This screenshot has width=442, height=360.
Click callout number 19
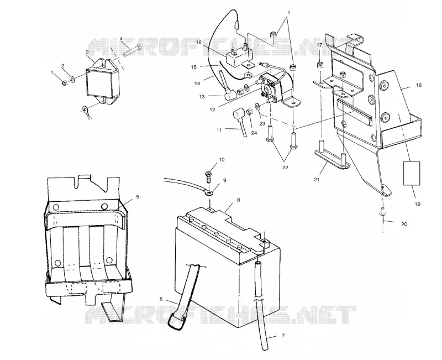pyautogui.click(x=418, y=204)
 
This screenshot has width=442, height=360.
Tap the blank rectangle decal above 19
pyautogui.click(x=412, y=173)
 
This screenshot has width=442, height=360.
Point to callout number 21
pyautogui.click(x=317, y=179)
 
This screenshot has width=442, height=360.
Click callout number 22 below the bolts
pyautogui.click(x=285, y=168)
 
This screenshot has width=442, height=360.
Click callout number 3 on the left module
pyautogui.click(x=87, y=51)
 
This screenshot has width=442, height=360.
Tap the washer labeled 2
pyautogui.click(x=72, y=77)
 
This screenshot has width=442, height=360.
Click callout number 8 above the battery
pyautogui.click(x=239, y=200)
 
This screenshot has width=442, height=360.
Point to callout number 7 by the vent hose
pyautogui.click(x=283, y=336)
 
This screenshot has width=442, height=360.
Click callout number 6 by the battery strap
pyautogui.click(x=161, y=299)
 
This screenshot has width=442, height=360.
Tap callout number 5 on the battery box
pyautogui.click(x=138, y=197)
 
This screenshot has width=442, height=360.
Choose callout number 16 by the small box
pyautogui.click(x=199, y=43)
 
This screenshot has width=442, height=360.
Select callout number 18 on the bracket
pyautogui.click(x=419, y=85)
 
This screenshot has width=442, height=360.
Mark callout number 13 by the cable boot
pyautogui.click(x=202, y=97)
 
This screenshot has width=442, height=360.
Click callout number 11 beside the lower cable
pyautogui.click(x=219, y=130)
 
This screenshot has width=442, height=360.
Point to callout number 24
pyautogui.click(x=254, y=133)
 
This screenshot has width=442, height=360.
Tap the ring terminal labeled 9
pyautogui.click(x=209, y=193)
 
